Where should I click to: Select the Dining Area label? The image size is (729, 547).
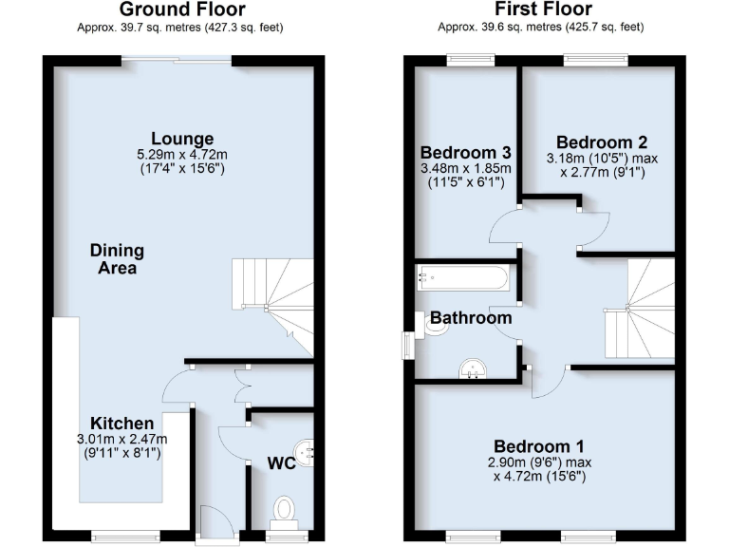point(117,259)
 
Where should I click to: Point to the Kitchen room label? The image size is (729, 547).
point(121,423)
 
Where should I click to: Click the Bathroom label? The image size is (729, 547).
point(471,318)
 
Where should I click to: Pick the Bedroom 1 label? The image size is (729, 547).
point(538,446)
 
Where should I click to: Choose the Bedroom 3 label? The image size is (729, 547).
point(465,153)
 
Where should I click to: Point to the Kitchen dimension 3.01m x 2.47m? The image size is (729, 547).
point(121,439)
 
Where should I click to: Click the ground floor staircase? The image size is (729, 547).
point(276,299)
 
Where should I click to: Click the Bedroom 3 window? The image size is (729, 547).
point(472,60)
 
